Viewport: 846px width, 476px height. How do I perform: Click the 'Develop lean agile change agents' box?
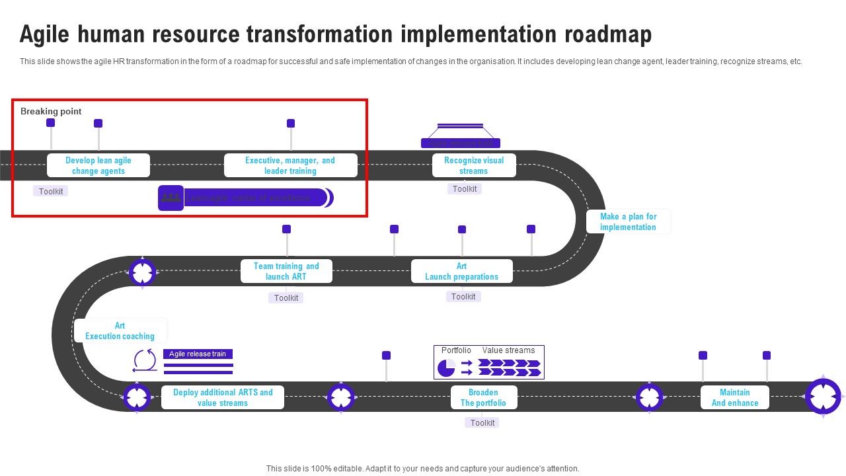point(98,165)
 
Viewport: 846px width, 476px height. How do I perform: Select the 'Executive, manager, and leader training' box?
point(290,165)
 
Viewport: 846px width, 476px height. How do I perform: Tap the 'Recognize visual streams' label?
point(474,165)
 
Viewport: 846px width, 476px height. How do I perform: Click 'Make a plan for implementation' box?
point(628,221)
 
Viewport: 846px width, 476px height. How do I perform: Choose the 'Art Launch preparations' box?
point(461,271)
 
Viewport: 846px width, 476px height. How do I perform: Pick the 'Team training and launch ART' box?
point(286,271)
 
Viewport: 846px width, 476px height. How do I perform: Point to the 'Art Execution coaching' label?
point(120,331)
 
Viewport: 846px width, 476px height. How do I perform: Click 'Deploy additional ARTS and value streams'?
point(223,397)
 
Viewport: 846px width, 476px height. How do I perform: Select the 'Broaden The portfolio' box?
point(483,397)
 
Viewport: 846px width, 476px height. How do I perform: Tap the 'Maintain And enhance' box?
point(734,397)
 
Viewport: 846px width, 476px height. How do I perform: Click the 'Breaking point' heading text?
point(51,111)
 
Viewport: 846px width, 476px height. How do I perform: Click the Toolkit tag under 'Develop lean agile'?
point(51,191)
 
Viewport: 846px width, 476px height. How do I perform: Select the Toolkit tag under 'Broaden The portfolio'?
point(482,422)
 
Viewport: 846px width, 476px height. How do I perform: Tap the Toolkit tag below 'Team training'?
point(286,297)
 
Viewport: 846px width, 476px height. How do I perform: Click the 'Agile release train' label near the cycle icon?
point(198,354)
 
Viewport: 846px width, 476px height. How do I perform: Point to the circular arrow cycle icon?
point(145,361)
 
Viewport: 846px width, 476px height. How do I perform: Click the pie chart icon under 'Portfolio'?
point(446,368)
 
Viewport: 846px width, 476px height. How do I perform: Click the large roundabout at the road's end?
point(823,397)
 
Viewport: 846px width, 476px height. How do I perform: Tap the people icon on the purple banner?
point(171,198)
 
